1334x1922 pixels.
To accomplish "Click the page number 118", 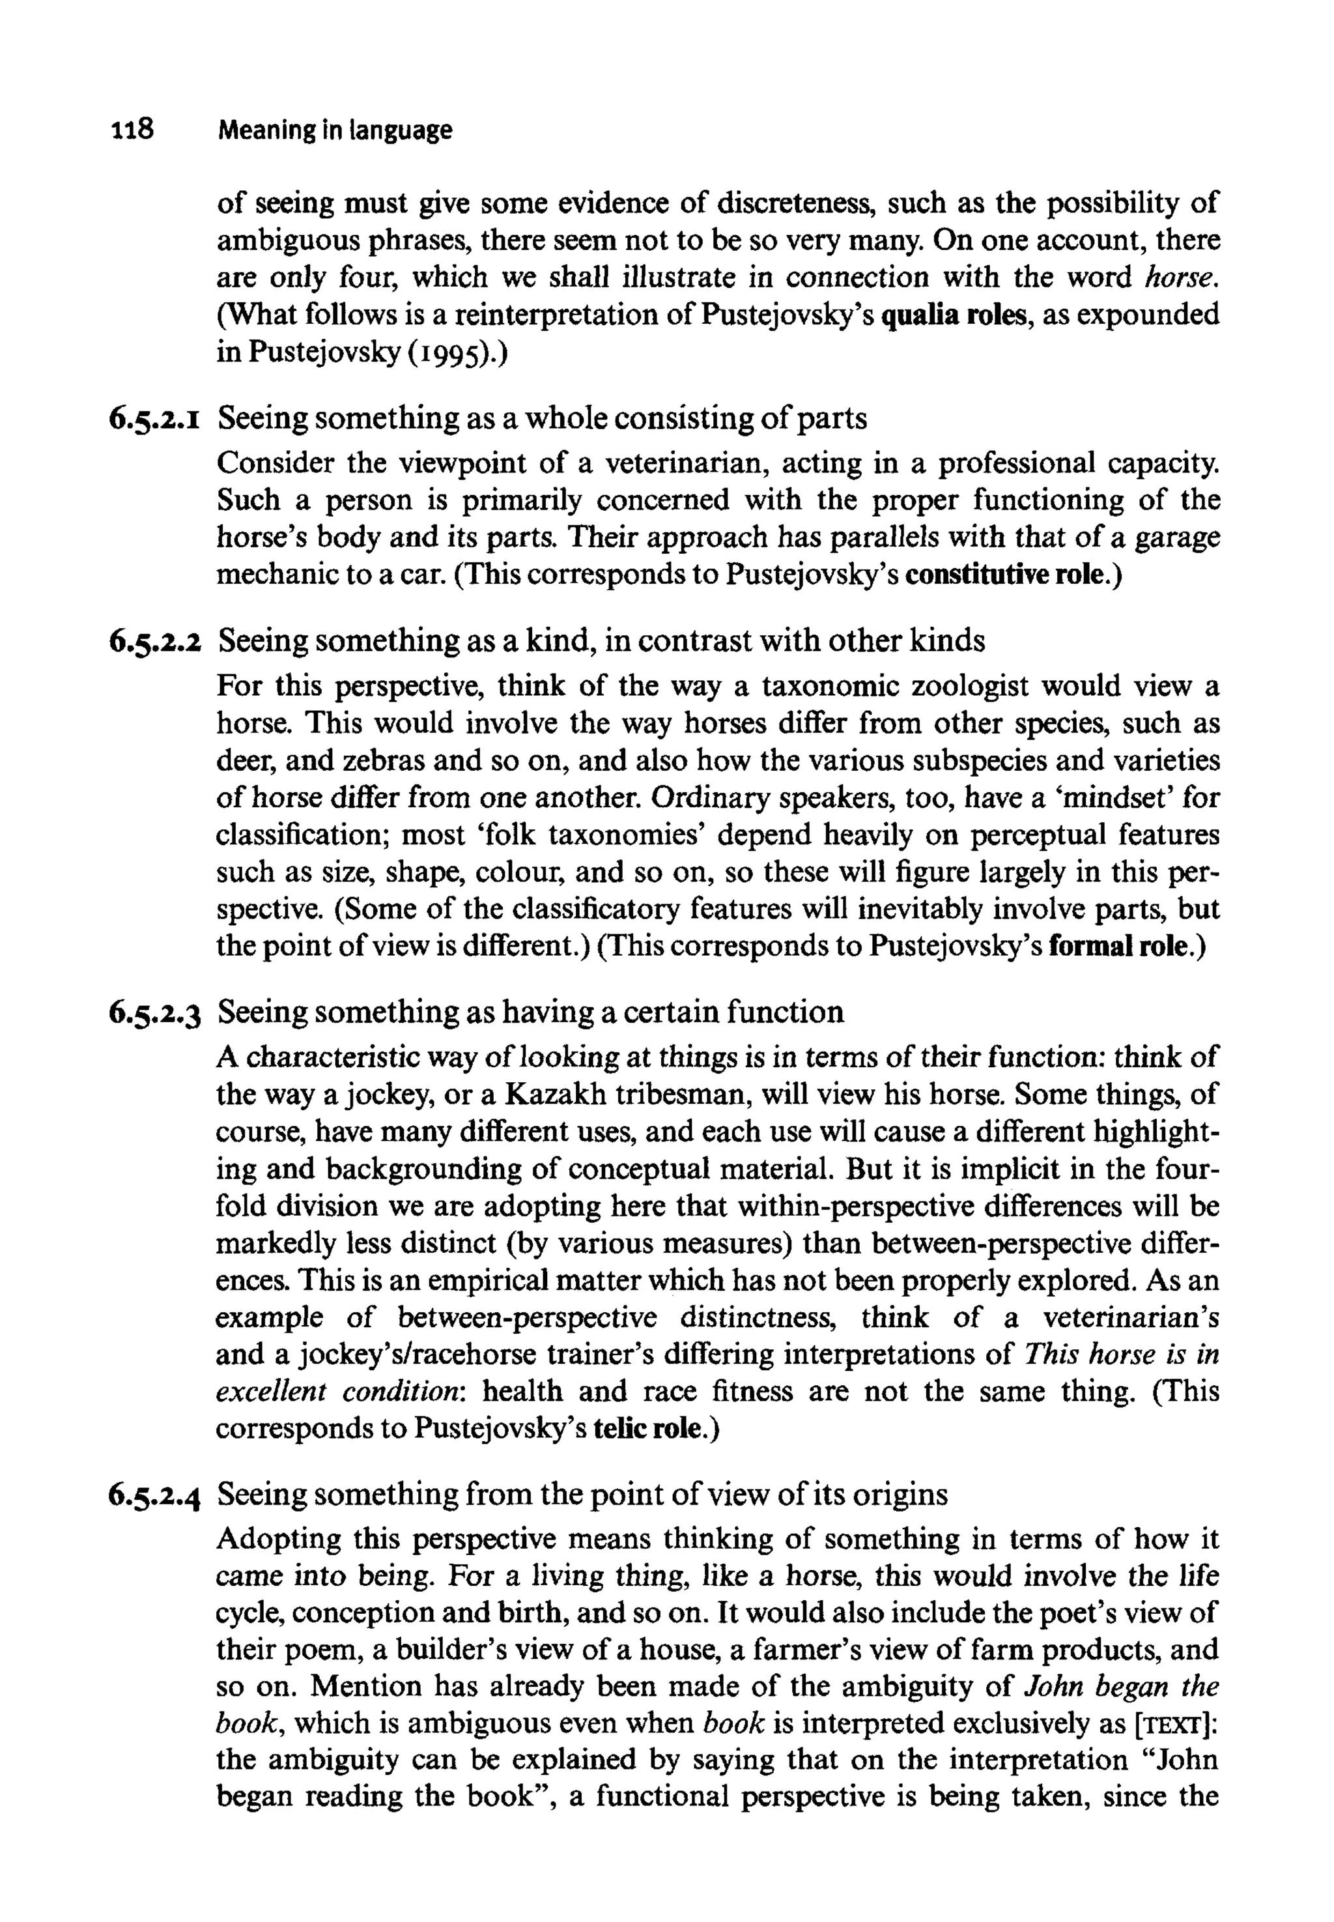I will coord(131,130).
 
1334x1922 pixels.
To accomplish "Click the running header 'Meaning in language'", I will coord(334,130).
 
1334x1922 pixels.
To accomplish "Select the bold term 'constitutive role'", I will coord(1012,576).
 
